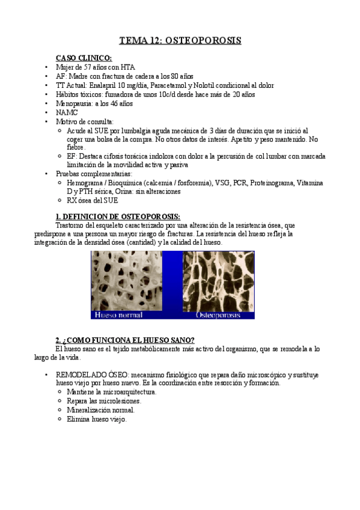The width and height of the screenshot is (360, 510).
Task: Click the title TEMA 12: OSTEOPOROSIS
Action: tap(180, 41)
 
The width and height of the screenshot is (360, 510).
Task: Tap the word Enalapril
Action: tap(108, 85)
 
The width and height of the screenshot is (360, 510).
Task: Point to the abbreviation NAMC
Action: tap(66, 112)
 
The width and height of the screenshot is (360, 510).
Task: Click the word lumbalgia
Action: tap(133, 130)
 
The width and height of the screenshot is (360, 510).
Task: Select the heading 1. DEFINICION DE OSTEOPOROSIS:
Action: tap(118, 217)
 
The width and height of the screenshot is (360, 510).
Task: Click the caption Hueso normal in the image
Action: tap(118, 315)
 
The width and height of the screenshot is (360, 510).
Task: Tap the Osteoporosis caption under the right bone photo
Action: tap(218, 315)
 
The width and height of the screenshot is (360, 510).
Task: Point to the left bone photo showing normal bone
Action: tap(127, 280)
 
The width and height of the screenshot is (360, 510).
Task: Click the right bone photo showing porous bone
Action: tap(218, 280)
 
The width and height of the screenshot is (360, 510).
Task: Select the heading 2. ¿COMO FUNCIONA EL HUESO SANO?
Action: tap(124, 340)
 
